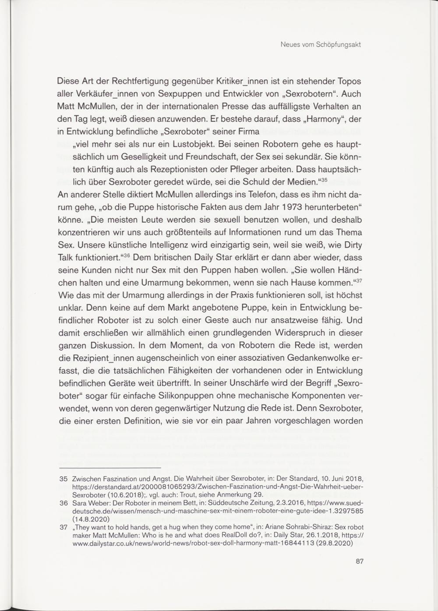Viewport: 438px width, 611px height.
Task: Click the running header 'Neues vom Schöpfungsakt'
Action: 320,45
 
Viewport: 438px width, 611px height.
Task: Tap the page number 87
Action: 360,561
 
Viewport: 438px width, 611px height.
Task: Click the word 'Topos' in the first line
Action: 349,82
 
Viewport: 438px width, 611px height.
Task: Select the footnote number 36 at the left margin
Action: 63,503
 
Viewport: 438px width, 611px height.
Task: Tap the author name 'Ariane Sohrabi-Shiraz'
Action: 284,527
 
